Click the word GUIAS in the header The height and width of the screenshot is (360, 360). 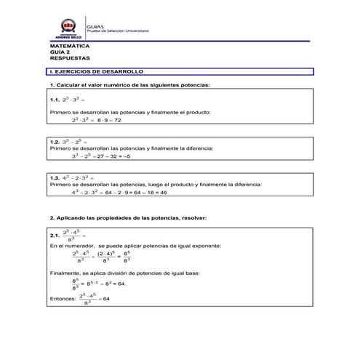[95, 25]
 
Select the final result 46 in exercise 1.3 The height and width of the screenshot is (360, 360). [163, 193]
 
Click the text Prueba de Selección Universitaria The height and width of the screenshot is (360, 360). [118, 31]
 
